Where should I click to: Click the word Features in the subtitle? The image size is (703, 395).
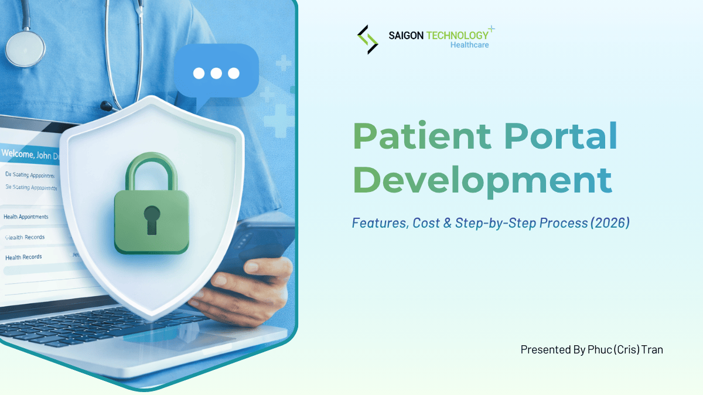pyautogui.click(x=378, y=223)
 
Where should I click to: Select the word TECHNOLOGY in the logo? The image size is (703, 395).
pyautogui.click(x=458, y=35)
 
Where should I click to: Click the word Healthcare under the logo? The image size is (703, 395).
pyautogui.click(x=469, y=45)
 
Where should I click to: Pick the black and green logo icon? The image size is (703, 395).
pyautogui.click(x=368, y=39)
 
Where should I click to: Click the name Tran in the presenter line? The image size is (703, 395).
pyautogui.click(x=651, y=350)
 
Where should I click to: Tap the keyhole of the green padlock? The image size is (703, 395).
pyautogui.click(x=152, y=218)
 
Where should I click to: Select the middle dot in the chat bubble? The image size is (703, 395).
pyautogui.click(x=216, y=73)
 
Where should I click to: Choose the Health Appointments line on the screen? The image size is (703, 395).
pyautogui.click(x=26, y=217)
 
